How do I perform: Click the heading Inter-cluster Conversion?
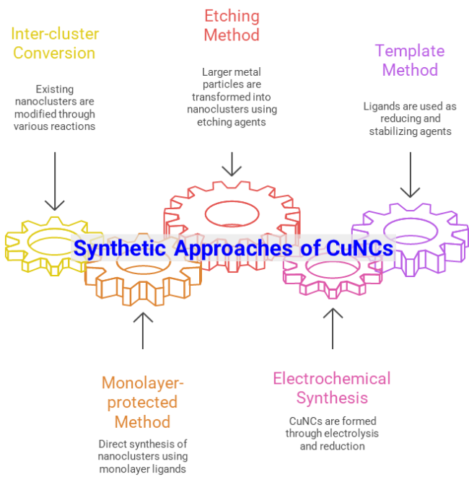pos(54,43)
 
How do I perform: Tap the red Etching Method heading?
pos(231,25)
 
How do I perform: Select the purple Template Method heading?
pos(410,61)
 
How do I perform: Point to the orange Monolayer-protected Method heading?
pos(143,402)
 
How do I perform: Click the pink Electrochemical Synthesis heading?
pos(331,388)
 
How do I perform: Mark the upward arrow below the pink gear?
pos(333,328)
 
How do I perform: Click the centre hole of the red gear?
pos(232,214)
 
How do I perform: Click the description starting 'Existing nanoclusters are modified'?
pos(54,108)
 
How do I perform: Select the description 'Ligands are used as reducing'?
pos(410,118)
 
